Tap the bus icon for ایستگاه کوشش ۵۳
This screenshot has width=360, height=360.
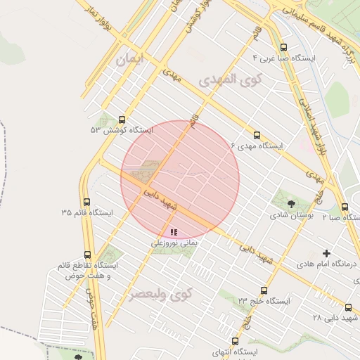tap(122, 120)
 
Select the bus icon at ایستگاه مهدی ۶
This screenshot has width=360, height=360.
tap(256, 134)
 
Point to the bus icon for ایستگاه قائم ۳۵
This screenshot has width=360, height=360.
tap(86, 202)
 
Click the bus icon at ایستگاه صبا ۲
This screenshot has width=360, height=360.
tap(345, 207)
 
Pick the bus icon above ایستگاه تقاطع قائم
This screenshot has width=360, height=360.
tap(87, 255)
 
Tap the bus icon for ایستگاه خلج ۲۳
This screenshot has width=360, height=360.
tap(264, 290)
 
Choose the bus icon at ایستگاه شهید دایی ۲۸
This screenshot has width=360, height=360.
tap(349, 307)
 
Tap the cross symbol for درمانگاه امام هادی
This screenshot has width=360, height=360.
tap(326, 253)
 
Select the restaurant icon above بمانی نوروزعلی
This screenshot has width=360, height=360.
tap(174, 231)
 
